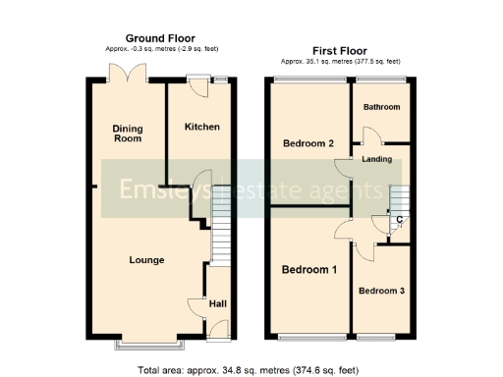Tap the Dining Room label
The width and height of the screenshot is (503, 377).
(127, 134)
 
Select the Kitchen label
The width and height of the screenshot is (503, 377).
(201, 128)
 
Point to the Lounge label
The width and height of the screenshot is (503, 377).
(146, 260)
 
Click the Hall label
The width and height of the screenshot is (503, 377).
(217, 304)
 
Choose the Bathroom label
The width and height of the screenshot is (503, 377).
(380, 107)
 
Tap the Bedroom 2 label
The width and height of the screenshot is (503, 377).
(308, 144)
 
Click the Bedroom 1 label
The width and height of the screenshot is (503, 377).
(309, 270)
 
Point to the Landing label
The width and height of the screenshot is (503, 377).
(377, 159)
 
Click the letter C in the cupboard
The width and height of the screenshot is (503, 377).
(398, 219)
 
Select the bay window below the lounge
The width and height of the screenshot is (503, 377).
(149, 346)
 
